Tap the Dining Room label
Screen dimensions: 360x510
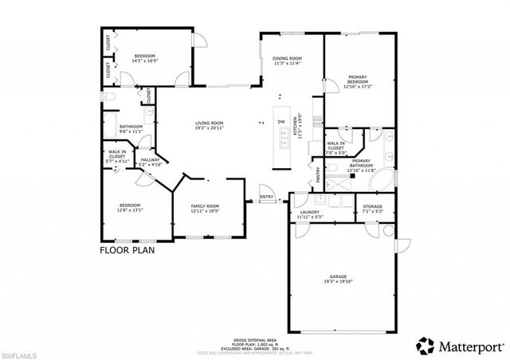(x=287, y=59)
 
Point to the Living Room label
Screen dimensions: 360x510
(x=210, y=123)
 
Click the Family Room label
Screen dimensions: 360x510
(x=204, y=206)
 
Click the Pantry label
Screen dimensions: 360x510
(x=318, y=174)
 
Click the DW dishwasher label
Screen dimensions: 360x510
(x=281, y=121)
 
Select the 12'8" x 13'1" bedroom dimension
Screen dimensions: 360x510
(x=130, y=211)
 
